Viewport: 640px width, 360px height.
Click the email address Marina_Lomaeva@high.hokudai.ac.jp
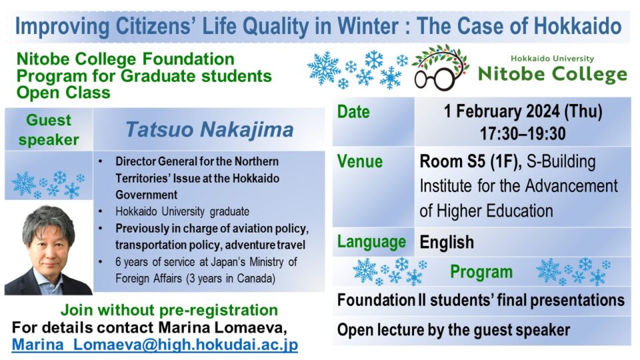click(155, 345)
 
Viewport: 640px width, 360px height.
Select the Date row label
click(353, 112)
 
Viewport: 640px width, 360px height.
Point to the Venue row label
click(360, 162)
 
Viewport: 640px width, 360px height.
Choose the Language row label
click(371, 241)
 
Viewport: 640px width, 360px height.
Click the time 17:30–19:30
click(522, 133)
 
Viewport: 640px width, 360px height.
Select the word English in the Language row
click(447, 241)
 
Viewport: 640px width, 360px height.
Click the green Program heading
click(481, 272)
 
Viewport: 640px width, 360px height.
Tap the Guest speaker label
click(49, 130)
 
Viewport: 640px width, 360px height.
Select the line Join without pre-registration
click(169, 310)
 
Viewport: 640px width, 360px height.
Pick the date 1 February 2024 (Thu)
click(522, 111)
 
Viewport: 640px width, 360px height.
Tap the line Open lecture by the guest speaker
click(453, 330)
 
